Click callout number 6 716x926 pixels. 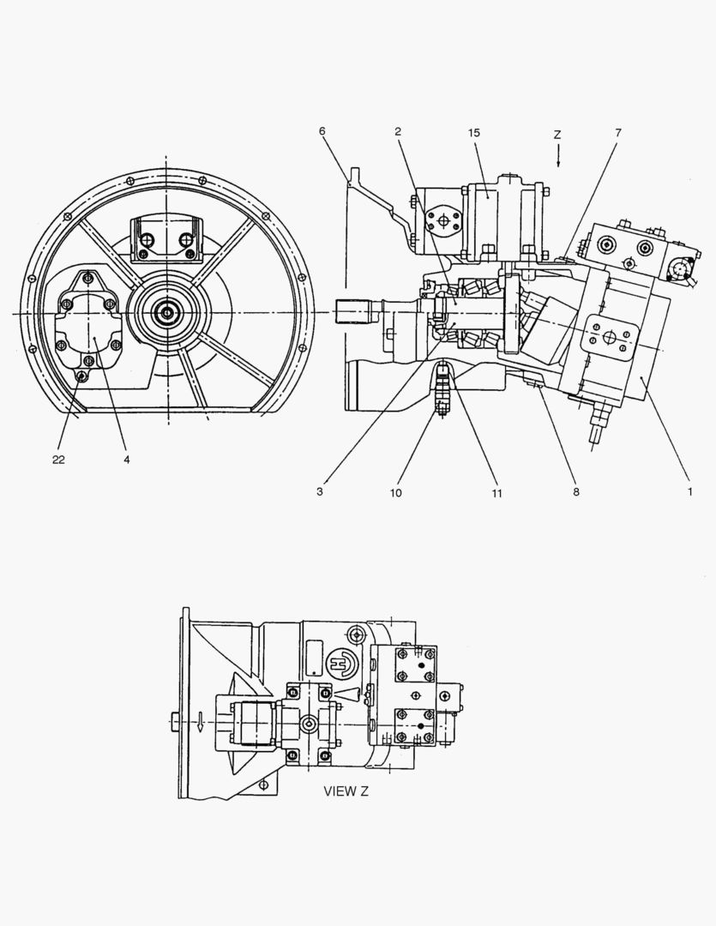322,131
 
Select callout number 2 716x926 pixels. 398,132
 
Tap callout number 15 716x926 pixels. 474,133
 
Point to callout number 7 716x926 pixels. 618,133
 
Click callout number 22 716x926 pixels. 58,460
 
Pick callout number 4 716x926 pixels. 127,460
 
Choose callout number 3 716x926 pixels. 320,491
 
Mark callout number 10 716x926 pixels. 396,492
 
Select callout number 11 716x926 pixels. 496,493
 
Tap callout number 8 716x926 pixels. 576,491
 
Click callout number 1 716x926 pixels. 689,491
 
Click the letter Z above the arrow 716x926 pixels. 557,135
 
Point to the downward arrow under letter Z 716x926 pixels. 557,156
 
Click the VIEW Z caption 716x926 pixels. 346,791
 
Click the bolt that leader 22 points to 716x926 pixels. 83,375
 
